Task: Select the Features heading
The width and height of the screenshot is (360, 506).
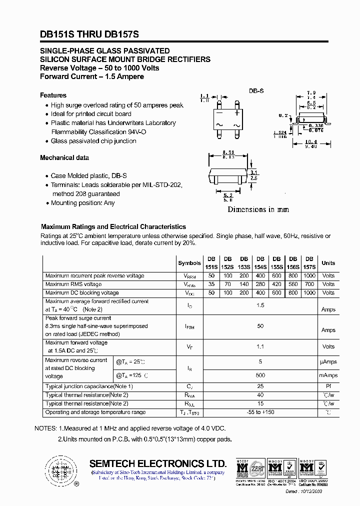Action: (53, 95)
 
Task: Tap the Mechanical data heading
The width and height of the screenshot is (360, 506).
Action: (64, 157)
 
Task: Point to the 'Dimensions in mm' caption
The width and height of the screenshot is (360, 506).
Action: (258, 209)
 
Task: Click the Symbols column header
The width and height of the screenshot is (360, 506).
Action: (189, 263)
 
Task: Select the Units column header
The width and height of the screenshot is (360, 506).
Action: (328, 263)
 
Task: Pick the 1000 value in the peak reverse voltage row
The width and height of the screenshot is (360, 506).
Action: (309, 276)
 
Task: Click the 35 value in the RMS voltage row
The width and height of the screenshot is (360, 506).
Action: (211, 284)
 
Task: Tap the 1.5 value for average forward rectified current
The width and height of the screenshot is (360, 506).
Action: (260, 305)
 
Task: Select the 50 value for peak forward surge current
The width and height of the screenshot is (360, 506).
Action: (260, 326)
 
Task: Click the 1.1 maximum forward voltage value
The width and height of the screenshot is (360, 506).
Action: (260, 346)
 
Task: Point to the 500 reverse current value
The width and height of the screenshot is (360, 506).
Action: (260, 375)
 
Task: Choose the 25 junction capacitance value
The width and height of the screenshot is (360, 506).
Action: (260, 386)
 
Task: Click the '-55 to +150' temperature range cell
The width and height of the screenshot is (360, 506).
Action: (260, 412)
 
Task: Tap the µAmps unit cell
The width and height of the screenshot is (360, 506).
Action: (328, 361)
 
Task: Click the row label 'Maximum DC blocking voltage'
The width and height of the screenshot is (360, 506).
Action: (82, 292)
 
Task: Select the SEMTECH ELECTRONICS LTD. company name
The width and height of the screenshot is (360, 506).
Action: (158, 463)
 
